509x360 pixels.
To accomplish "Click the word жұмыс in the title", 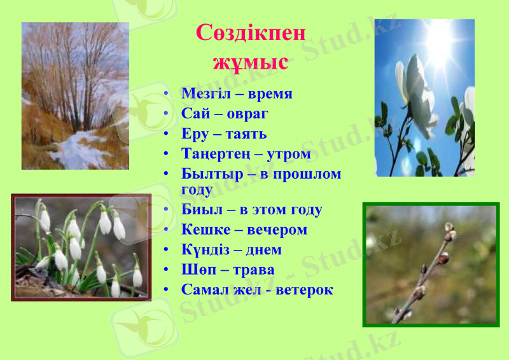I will [251, 62].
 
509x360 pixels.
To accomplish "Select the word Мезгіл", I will [206, 93].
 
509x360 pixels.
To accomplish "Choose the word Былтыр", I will [208, 174].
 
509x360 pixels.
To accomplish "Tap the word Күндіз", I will [206, 249].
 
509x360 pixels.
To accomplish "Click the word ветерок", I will [303, 289].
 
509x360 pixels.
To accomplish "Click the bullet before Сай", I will [166, 114].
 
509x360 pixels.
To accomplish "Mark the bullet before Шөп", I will [166, 270].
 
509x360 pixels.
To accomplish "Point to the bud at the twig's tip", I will [449, 229].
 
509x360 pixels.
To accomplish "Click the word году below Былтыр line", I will [197, 190].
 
